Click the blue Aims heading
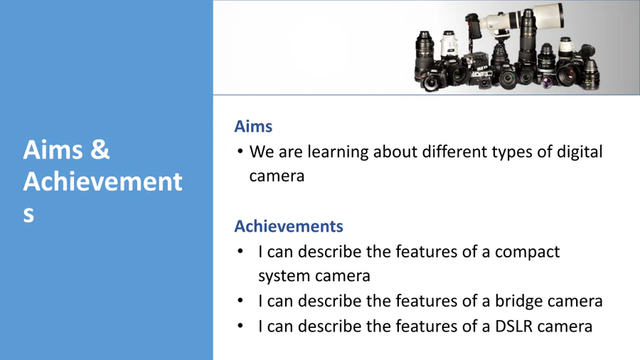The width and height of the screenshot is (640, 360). tap(253, 127)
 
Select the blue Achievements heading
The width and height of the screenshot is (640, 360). tap(289, 226)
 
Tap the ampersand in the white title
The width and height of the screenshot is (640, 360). tap(100, 149)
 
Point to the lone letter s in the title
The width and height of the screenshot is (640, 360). tap(28, 214)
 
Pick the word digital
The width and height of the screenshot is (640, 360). tap(580, 152)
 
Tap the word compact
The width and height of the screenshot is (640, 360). tap(527, 253)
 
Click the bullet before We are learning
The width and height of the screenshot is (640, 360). tap(240, 152)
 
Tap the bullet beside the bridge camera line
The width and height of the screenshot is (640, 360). tap(240, 301)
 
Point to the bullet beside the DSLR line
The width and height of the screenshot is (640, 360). tap(240, 326)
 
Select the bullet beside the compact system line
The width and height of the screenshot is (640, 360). tap(240, 251)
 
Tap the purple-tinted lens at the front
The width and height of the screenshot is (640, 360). tap(547, 83)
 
